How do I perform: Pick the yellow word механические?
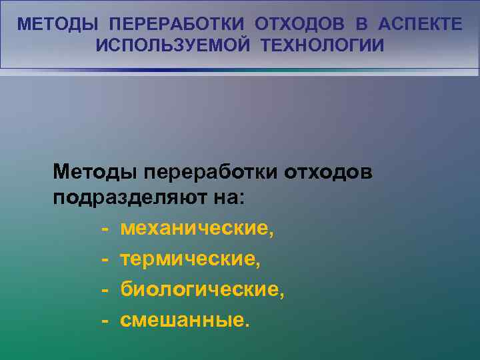197,229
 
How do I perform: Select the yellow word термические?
190,259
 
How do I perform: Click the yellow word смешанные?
184,320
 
